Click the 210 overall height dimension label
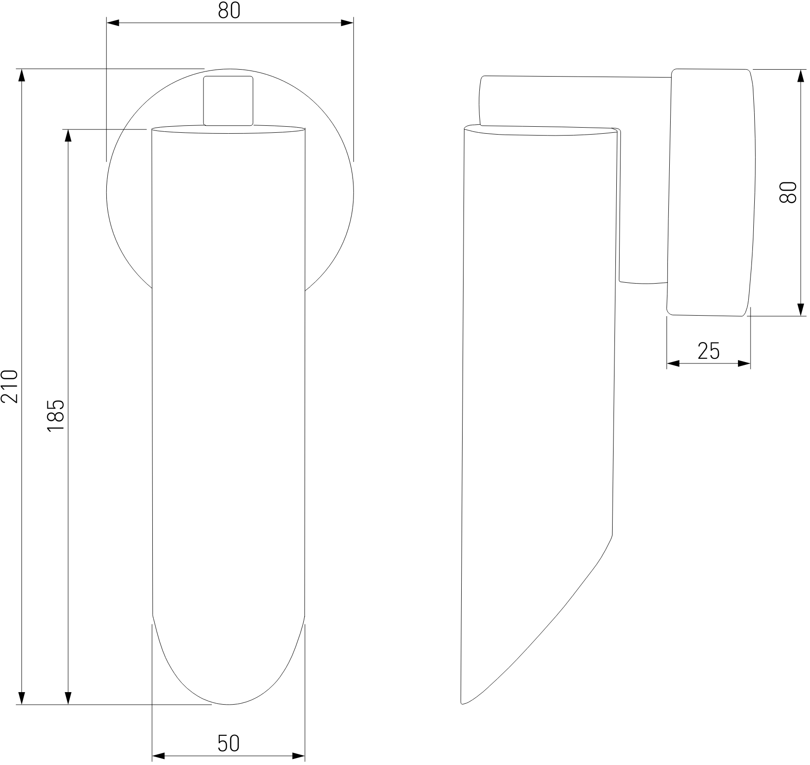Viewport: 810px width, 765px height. coord(10,386)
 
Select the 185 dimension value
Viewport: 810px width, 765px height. coord(56,415)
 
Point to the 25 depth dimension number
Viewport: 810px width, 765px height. coord(709,351)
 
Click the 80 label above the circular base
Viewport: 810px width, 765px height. coord(229,10)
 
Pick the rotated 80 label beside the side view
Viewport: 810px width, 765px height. coord(788,192)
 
